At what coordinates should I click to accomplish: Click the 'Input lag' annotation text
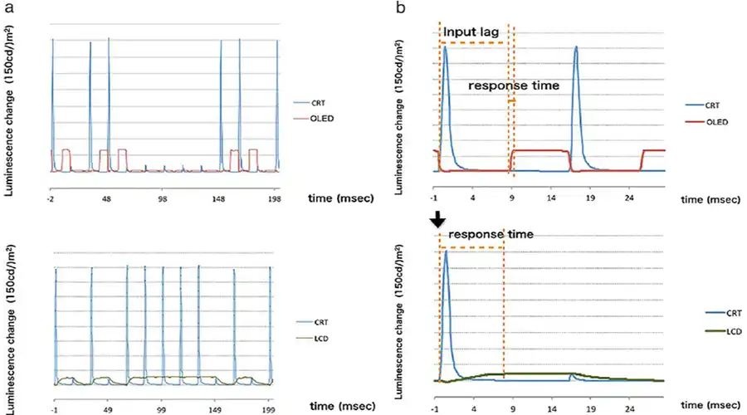tap(471, 32)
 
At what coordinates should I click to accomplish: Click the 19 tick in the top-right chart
tap(590, 199)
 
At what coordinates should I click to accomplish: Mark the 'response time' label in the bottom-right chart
tap(491, 235)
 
